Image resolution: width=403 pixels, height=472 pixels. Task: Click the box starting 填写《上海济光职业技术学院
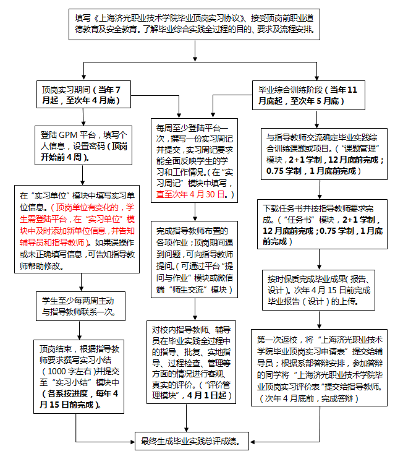[194, 24]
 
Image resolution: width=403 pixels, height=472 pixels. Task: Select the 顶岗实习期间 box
[83, 94]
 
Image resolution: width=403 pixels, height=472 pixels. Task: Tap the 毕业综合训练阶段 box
[308, 95]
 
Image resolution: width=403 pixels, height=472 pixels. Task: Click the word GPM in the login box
[68, 135]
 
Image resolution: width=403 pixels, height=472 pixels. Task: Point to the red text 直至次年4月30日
[190, 194]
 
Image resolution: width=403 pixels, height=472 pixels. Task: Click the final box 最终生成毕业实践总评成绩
[192, 441]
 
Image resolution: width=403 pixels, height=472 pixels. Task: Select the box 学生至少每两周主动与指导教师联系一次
[80, 306]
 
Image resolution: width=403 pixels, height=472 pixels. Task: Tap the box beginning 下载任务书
[322, 225]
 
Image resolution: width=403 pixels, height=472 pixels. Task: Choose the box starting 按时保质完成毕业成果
[318, 290]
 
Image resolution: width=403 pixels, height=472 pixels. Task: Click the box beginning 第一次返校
[319, 368]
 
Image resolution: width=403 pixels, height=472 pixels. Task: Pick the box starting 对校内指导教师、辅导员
[191, 362]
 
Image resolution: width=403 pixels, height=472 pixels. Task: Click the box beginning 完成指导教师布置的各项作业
[194, 259]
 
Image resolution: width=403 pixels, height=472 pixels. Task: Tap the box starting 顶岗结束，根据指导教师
[78, 377]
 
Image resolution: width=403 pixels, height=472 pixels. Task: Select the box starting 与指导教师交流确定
[324, 154]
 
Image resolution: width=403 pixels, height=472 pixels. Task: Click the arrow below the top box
[195, 51]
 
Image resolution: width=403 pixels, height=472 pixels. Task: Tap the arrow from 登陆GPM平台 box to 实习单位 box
[83, 175]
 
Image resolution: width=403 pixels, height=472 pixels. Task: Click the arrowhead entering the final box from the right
[252, 442]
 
